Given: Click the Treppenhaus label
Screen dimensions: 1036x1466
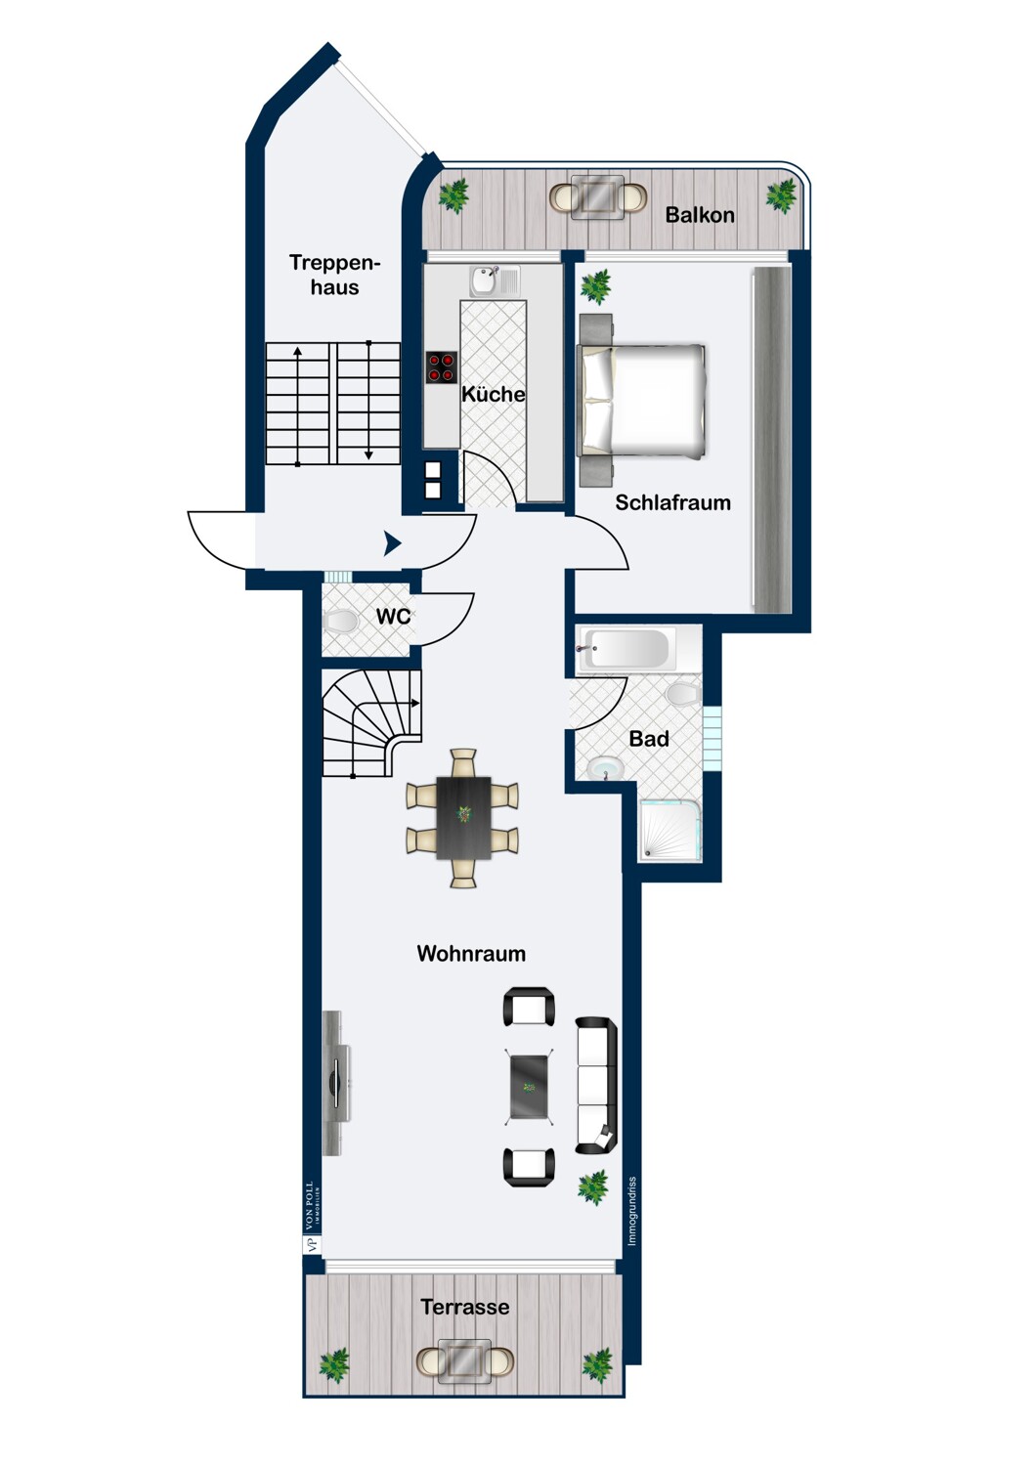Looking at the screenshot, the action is (334, 275).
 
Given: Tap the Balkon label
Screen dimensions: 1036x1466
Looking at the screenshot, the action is (700, 215).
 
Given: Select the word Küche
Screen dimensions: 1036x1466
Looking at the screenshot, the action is (494, 394).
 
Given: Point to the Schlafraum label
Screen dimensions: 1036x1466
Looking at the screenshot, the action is (672, 502).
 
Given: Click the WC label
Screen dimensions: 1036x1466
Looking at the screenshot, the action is (393, 616).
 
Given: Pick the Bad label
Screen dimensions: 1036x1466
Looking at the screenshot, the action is (649, 739).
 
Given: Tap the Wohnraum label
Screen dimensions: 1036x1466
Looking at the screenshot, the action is (471, 953).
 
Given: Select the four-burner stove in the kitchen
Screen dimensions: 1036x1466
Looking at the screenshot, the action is (442, 367).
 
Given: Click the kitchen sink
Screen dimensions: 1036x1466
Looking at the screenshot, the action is (495, 281).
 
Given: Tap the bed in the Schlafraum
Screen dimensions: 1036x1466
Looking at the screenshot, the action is (642, 400).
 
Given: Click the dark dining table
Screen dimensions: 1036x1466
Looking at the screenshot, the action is (463, 817).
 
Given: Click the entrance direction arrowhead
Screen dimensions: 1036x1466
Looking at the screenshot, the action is (392, 543).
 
